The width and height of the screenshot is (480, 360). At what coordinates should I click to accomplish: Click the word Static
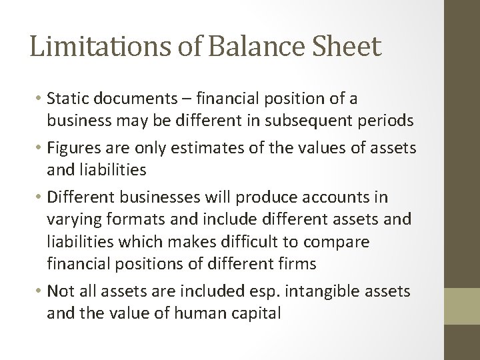69,99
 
